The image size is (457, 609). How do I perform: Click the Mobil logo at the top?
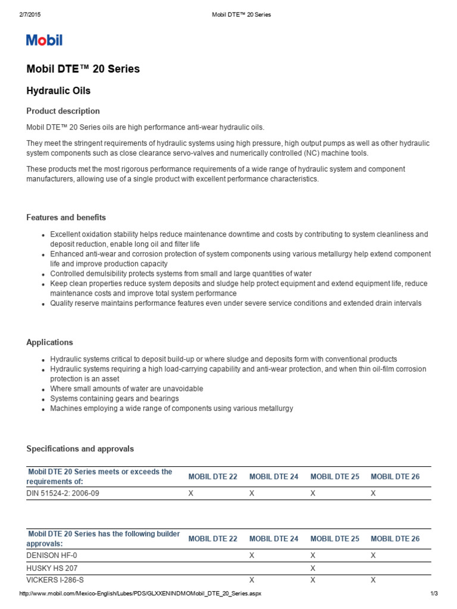click(44, 40)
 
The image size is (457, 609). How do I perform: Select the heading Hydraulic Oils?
click(58, 91)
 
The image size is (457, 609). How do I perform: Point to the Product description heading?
click(63, 111)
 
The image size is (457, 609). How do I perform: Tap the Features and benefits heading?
click(66, 218)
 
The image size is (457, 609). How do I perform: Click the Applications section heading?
click(50, 343)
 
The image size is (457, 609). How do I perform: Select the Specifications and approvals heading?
click(80, 449)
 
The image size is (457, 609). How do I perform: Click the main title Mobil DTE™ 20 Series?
click(83, 69)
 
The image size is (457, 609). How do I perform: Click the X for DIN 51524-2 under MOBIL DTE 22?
click(191, 494)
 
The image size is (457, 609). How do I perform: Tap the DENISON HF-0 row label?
click(52, 554)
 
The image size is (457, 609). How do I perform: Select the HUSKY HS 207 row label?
click(52, 567)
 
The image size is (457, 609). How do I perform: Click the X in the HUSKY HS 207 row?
click(313, 568)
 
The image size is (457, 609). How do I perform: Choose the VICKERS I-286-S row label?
click(60, 580)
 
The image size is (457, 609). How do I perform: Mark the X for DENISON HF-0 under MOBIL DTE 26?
click(374, 555)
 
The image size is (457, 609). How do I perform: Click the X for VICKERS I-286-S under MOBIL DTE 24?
click(252, 580)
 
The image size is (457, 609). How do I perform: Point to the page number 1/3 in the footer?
click(434, 594)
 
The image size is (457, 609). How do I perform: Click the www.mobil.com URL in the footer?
click(140, 594)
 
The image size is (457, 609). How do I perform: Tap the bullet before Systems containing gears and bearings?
click(43, 399)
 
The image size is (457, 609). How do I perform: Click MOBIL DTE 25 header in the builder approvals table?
click(335, 539)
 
